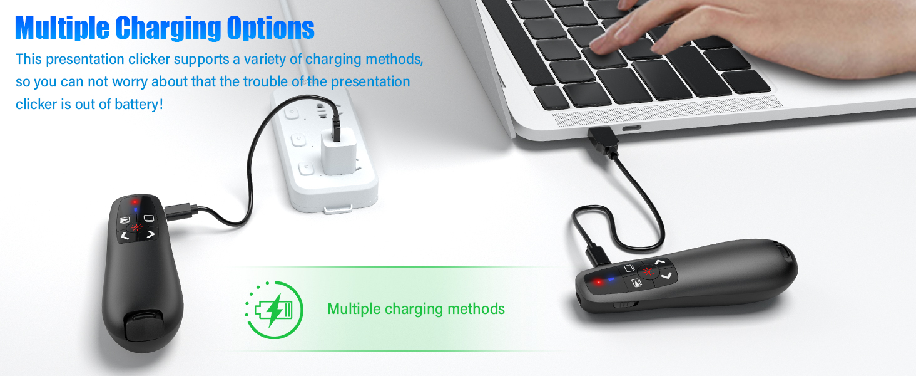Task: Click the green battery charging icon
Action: click(274, 310)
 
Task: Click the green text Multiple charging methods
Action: click(416, 309)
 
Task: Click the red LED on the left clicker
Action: click(134, 202)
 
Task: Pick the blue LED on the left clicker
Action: click(136, 209)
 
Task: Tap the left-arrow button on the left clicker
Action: click(125, 236)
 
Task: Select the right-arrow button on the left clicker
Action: click(151, 236)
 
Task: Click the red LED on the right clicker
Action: click(598, 282)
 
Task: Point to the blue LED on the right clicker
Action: click(610, 279)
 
